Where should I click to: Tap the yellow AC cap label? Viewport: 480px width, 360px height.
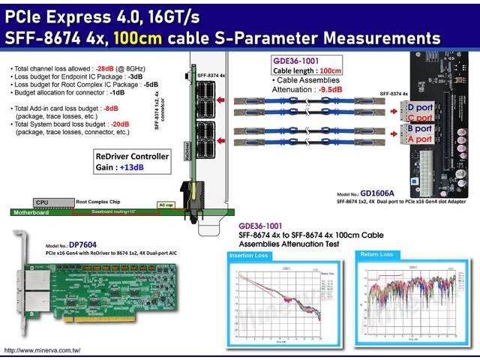pos(166,203)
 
